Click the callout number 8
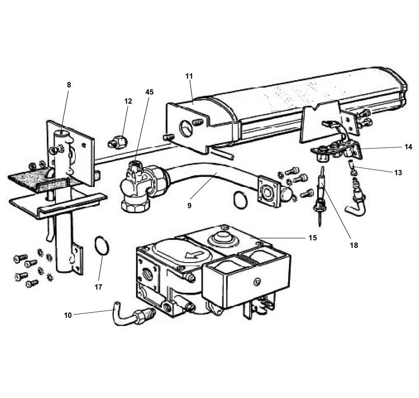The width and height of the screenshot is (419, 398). tap(69, 85)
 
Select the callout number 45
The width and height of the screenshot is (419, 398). tap(149, 92)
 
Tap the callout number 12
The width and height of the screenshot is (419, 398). tap(128, 101)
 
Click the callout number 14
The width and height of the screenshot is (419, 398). tap(408, 147)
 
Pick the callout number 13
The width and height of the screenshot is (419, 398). tap(398, 173)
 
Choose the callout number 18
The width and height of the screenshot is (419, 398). tap(354, 245)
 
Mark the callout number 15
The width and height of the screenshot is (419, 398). tap(312, 238)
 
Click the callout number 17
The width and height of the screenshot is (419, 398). tap(98, 286)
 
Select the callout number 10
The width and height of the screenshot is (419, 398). tap(68, 315)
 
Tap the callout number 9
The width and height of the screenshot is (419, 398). tap(189, 205)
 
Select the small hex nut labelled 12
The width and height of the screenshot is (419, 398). tap(118, 141)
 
